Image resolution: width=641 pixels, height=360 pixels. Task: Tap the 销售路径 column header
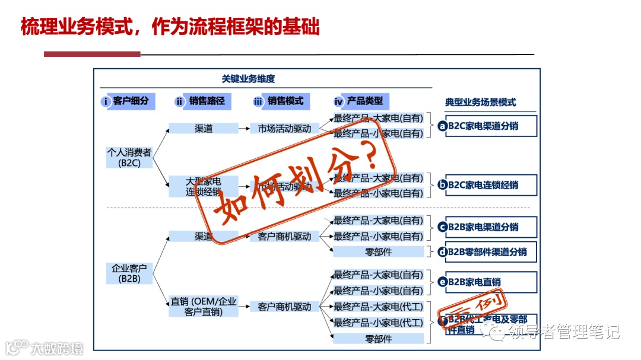[x=202, y=101]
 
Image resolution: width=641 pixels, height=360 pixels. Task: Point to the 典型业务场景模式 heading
[x=480, y=102]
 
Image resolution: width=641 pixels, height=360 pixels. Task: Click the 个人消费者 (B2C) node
[x=129, y=157]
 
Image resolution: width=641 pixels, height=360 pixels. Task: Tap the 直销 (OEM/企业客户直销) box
[x=203, y=306]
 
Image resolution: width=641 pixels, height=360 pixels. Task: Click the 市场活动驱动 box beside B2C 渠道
[x=284, y=128]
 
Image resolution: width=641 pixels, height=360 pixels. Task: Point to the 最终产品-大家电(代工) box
[x=379, y=307]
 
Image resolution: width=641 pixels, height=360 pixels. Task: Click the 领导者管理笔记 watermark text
[x=555, y=331]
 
